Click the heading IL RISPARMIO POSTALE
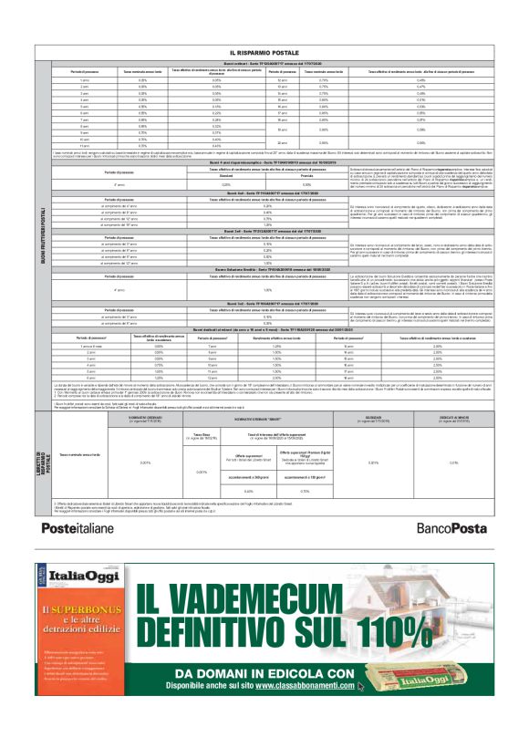pos(270,54)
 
